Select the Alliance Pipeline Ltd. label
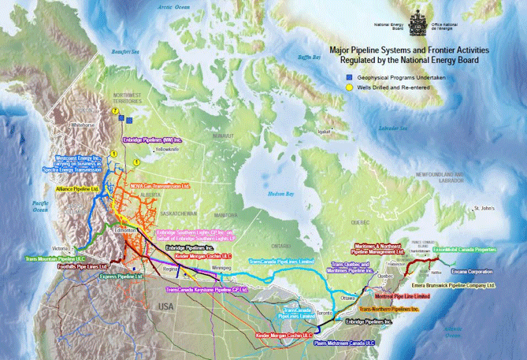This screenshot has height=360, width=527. click(x=76, y=189)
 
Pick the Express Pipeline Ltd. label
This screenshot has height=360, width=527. click(x=122, y=276)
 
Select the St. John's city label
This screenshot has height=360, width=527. click(x=482, y=209)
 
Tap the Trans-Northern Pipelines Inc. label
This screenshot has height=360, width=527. click(x=398, y=310)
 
